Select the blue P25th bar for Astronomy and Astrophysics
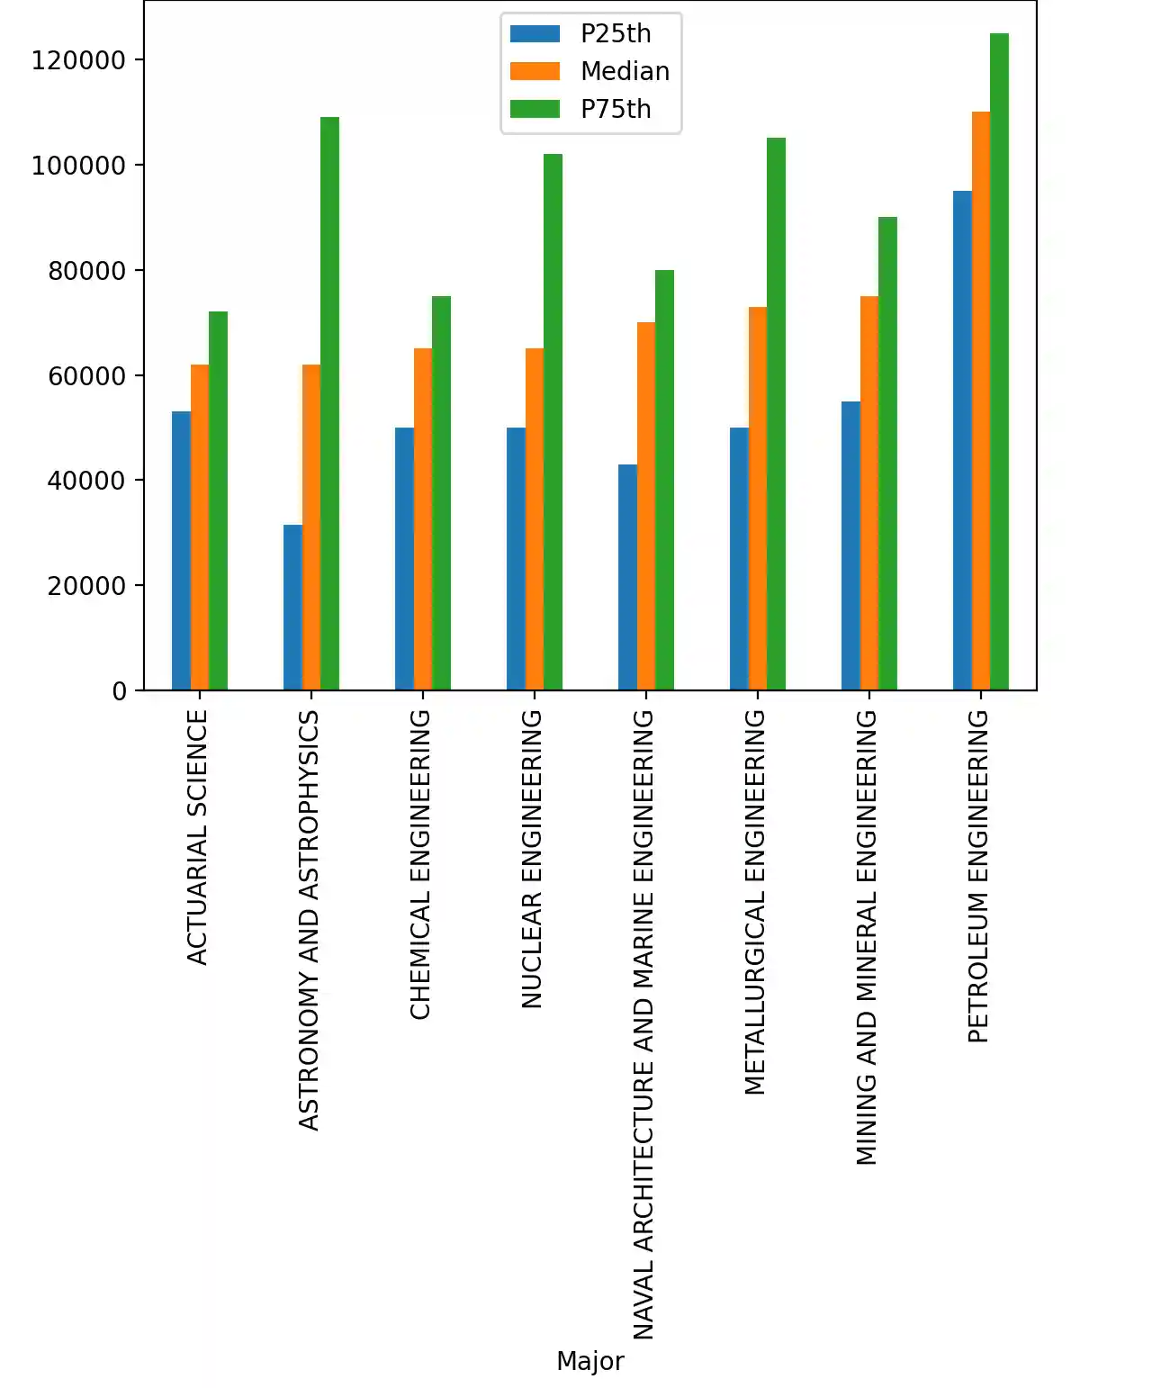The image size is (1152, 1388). (x=292, y=608)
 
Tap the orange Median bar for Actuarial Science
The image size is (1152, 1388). (x=200, y=527)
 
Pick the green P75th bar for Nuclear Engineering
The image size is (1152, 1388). (x=553, y=422)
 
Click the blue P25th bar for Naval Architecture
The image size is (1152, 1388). (x=627, y=577)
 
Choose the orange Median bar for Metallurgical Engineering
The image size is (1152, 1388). (x=758, y=499)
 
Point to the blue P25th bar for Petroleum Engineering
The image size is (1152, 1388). (x=962, y=440)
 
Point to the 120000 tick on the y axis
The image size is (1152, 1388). (x=78, y=60)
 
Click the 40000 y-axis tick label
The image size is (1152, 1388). (x=85, y=481)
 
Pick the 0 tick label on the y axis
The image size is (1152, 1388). (x=120, y=691)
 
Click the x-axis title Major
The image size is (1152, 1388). (x=589, y=1361)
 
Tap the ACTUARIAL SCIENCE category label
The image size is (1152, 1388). (x=197, y=837)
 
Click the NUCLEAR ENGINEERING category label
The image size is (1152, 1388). (x=532, y=859)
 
